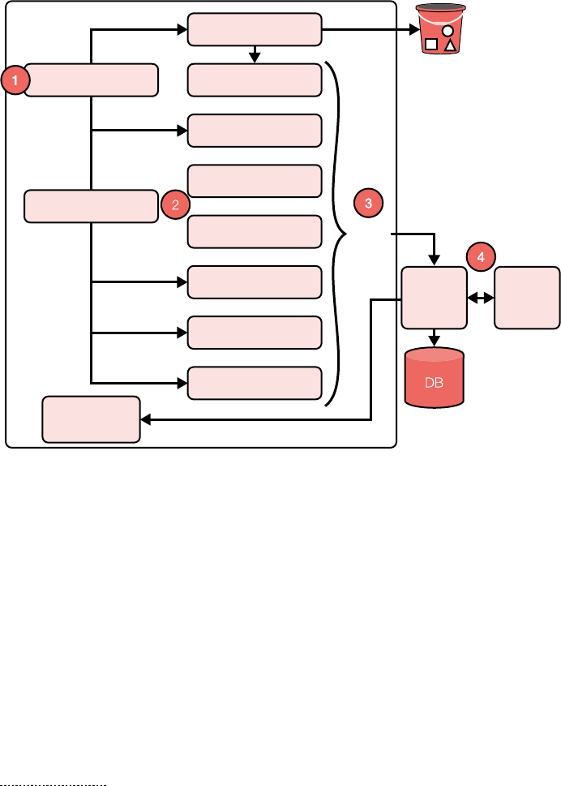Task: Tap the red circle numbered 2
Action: coord(174,205)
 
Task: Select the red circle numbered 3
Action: coord(368,204)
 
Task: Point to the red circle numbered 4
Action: coord(481,257)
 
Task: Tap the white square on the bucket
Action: coord(432,45)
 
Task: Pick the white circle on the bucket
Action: coord(447,31)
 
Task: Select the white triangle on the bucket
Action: coord(450,45)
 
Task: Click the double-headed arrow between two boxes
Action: coord(481,299)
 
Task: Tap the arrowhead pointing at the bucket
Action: coord(413,31)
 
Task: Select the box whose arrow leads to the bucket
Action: coord(255,30)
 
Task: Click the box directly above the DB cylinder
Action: coord(435,298)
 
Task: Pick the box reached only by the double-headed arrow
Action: coord(527,298)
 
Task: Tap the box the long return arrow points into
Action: coord(91,419)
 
